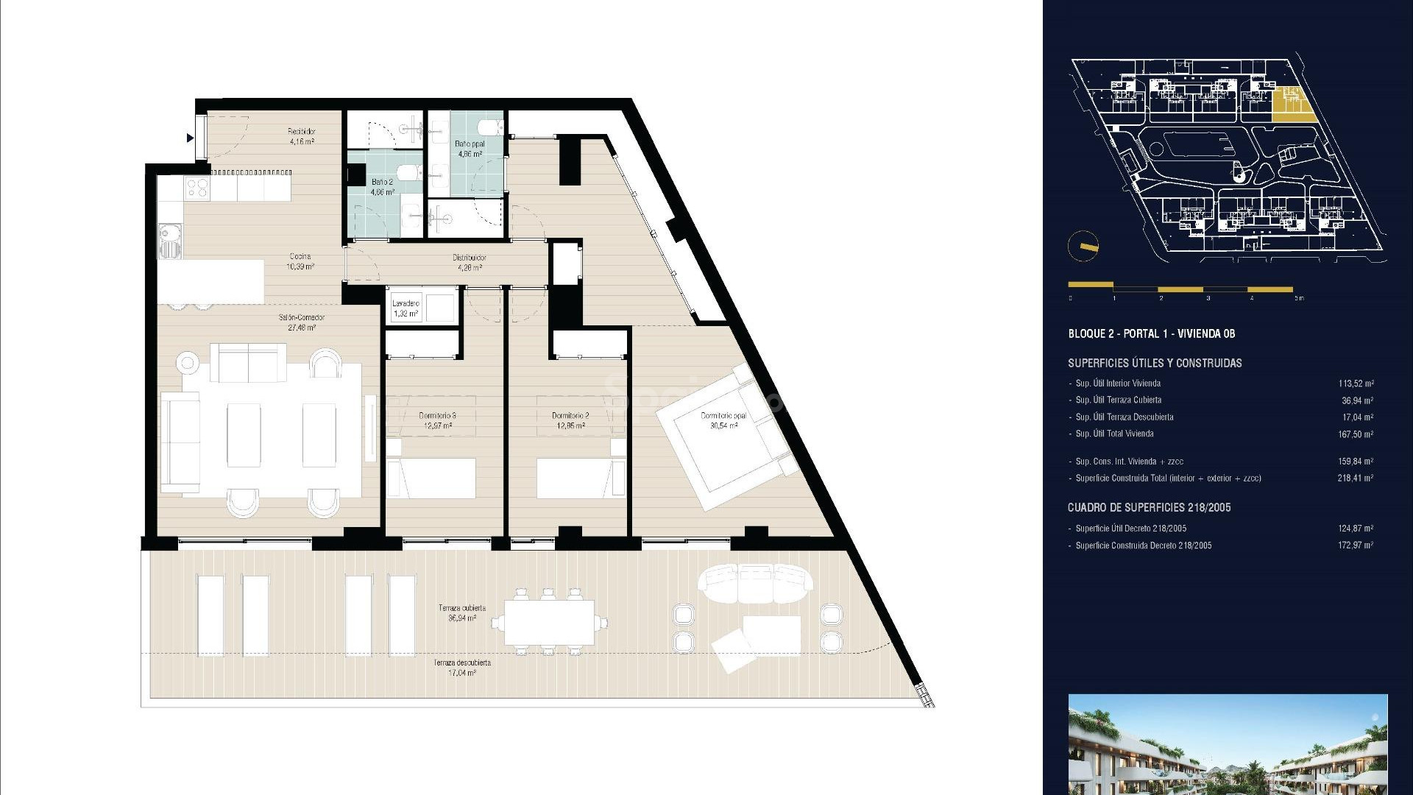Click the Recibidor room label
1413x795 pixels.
coord(301,136)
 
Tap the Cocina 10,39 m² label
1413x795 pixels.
coord(300,261)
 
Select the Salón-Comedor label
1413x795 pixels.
coord(302,322)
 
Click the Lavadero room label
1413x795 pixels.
coord(406,308)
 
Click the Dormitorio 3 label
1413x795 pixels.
coord(438,420)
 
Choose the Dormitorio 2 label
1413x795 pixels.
coord(570,420)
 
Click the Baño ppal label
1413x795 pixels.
coord(470,149)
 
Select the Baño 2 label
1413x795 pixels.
coord(382,186)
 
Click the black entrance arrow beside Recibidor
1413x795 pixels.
coord(191,138)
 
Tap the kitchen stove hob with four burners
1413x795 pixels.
coord(197,188)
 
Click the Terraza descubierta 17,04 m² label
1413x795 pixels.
coord(462,668)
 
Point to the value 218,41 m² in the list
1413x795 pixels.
coord(1356,478)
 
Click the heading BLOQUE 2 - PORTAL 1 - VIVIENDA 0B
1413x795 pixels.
coord(1152,333)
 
